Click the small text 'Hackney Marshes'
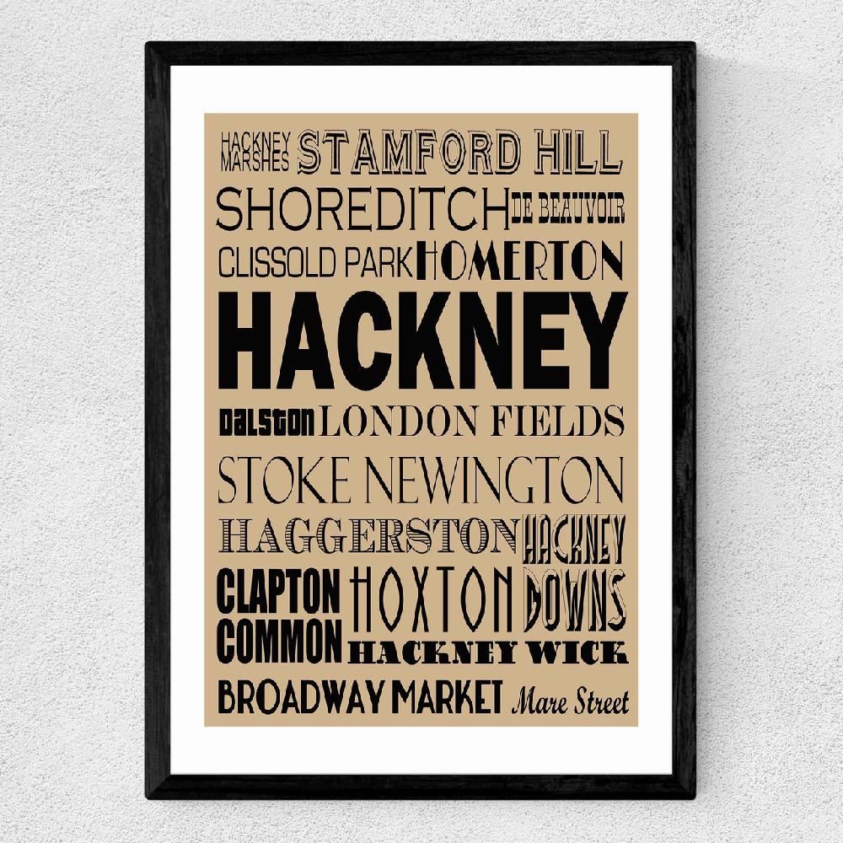point(255,148)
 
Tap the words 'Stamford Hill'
point(460,150)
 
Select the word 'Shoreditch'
point(362,209)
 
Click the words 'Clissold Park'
point(314,261)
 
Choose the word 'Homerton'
point(520,260)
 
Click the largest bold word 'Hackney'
point(421,341)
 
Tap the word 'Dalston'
point(267,420)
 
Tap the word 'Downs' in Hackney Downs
point(574,599)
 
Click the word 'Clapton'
point(279,592)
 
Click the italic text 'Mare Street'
point(570,701)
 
